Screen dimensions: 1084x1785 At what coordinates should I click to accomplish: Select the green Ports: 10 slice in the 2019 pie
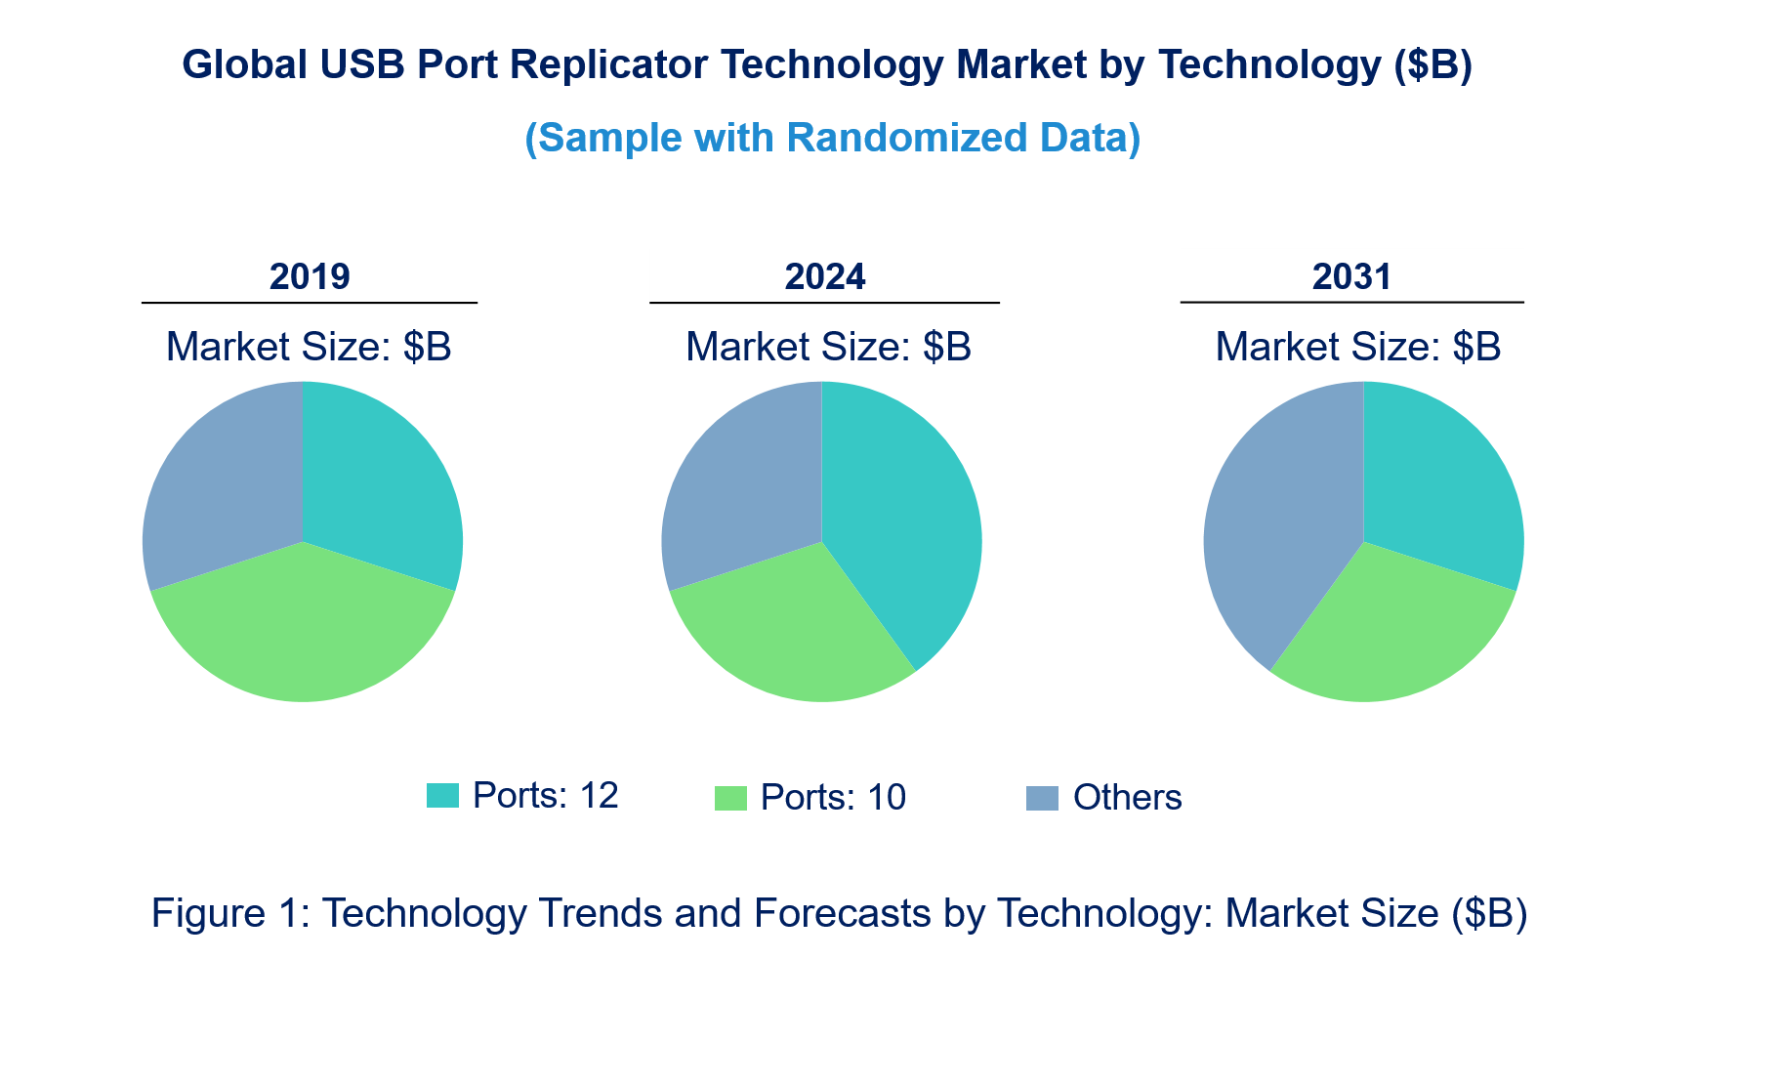click(303, 635)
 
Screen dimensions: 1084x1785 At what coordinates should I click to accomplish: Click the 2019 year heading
click(310, 277)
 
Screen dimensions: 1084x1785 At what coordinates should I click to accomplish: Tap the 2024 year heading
click(825, 277)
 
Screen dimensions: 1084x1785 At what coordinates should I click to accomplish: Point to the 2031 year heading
click(1351, 277)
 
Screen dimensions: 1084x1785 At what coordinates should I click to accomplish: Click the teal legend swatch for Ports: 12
click(442, 796)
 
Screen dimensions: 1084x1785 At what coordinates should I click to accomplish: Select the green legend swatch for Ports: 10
click(730, 798)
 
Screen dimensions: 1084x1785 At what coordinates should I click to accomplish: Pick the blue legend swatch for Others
click(1042, 798)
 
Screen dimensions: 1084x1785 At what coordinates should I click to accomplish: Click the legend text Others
click(1127, 798)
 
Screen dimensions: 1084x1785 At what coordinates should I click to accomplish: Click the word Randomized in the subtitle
click(907, 138)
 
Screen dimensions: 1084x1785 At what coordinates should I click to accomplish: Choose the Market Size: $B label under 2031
click(1357, 347)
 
